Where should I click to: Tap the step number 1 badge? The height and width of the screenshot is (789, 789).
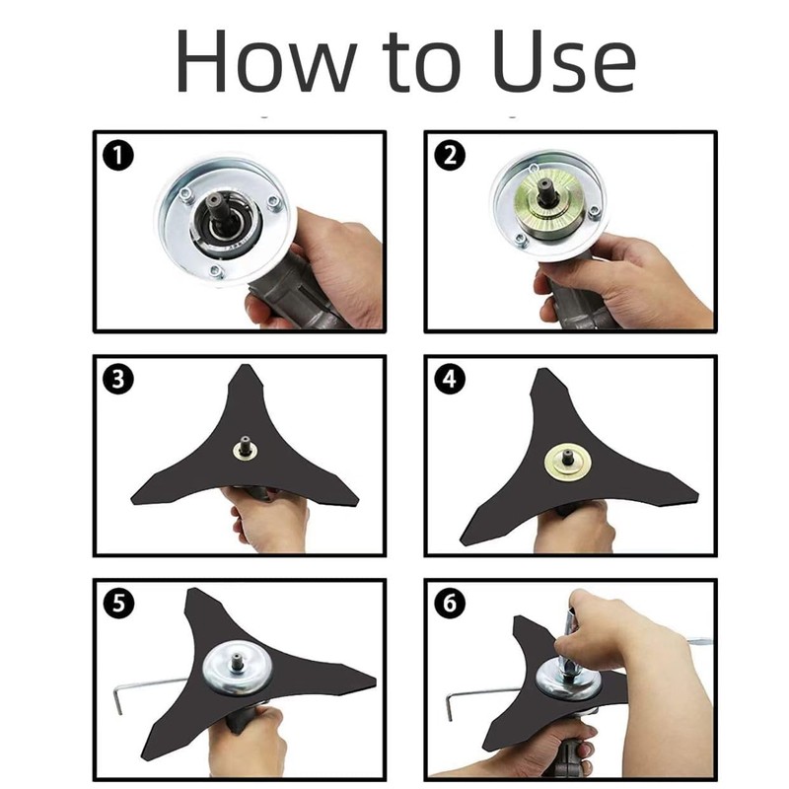[116, 156]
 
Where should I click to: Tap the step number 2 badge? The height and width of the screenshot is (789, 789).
[450, 156]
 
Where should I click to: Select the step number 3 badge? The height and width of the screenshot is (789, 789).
[117, 380]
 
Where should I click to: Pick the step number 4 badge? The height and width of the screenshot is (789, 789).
[450, 380]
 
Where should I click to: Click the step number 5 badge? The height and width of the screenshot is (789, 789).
[116, 603]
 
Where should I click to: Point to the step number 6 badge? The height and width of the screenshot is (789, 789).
[450, 603]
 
